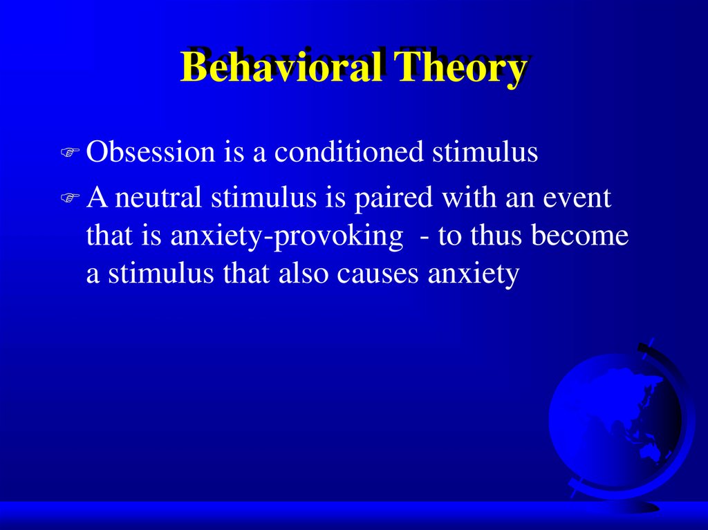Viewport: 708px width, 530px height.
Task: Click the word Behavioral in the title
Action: (283, 66)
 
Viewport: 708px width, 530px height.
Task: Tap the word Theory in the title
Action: (460, 68)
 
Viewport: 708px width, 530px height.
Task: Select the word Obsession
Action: (151, 151)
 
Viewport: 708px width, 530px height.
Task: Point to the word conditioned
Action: (349, 151)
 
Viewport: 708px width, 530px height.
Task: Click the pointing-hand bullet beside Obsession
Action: (70, 152)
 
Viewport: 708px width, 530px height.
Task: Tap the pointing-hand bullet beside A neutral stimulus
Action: (70, 198)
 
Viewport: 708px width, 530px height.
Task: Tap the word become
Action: (580, 235)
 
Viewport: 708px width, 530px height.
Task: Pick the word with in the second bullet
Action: (469, 198)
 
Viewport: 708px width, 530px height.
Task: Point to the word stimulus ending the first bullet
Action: (485, 151)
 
